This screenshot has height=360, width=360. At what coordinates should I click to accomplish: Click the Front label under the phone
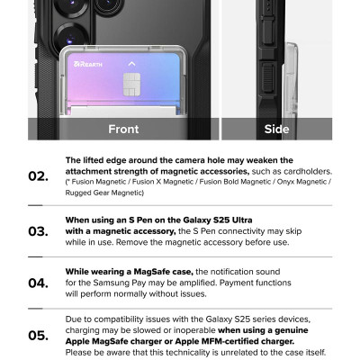pyautogui.click(x=123, y=130)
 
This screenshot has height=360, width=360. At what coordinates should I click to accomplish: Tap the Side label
pyautogui.click(x=276, y=130)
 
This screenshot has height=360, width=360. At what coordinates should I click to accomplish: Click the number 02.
pyautogui.click(x=38, y=175)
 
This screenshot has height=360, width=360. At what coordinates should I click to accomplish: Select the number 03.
pyautogui.click(x=38, y=230)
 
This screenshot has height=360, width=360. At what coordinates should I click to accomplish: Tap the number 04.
pyautogui.click(x=38, y=283)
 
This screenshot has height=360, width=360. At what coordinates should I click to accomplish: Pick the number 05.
pyautogui.click(x=38, y=336)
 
